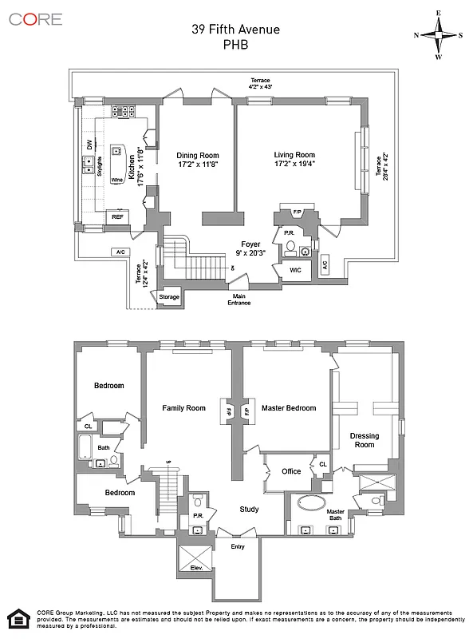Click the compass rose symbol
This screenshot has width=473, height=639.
click(x=437, y=35)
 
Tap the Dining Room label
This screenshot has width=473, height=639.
click(x=198, y=156)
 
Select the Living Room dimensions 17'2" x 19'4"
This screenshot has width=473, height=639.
click(x=295, y=165)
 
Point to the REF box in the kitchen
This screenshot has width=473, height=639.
click(x=117, y=216)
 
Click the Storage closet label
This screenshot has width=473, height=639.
click(x=169, y=297)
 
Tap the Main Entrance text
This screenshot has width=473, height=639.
click(x=238, y=299)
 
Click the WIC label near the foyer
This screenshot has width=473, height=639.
click(x=294, y=271)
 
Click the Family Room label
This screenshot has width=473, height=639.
click(x=183, y=408)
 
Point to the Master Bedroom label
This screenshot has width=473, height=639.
click(x=289, y=408)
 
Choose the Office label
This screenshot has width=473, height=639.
click(x=291, y=471)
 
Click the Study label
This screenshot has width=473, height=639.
click(x=250, y=509)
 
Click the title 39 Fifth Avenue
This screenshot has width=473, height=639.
click(x=235, y=30)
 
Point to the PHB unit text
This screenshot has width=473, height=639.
click(x=235, y=45)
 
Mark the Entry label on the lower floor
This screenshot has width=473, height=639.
click(x=238, y=546)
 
